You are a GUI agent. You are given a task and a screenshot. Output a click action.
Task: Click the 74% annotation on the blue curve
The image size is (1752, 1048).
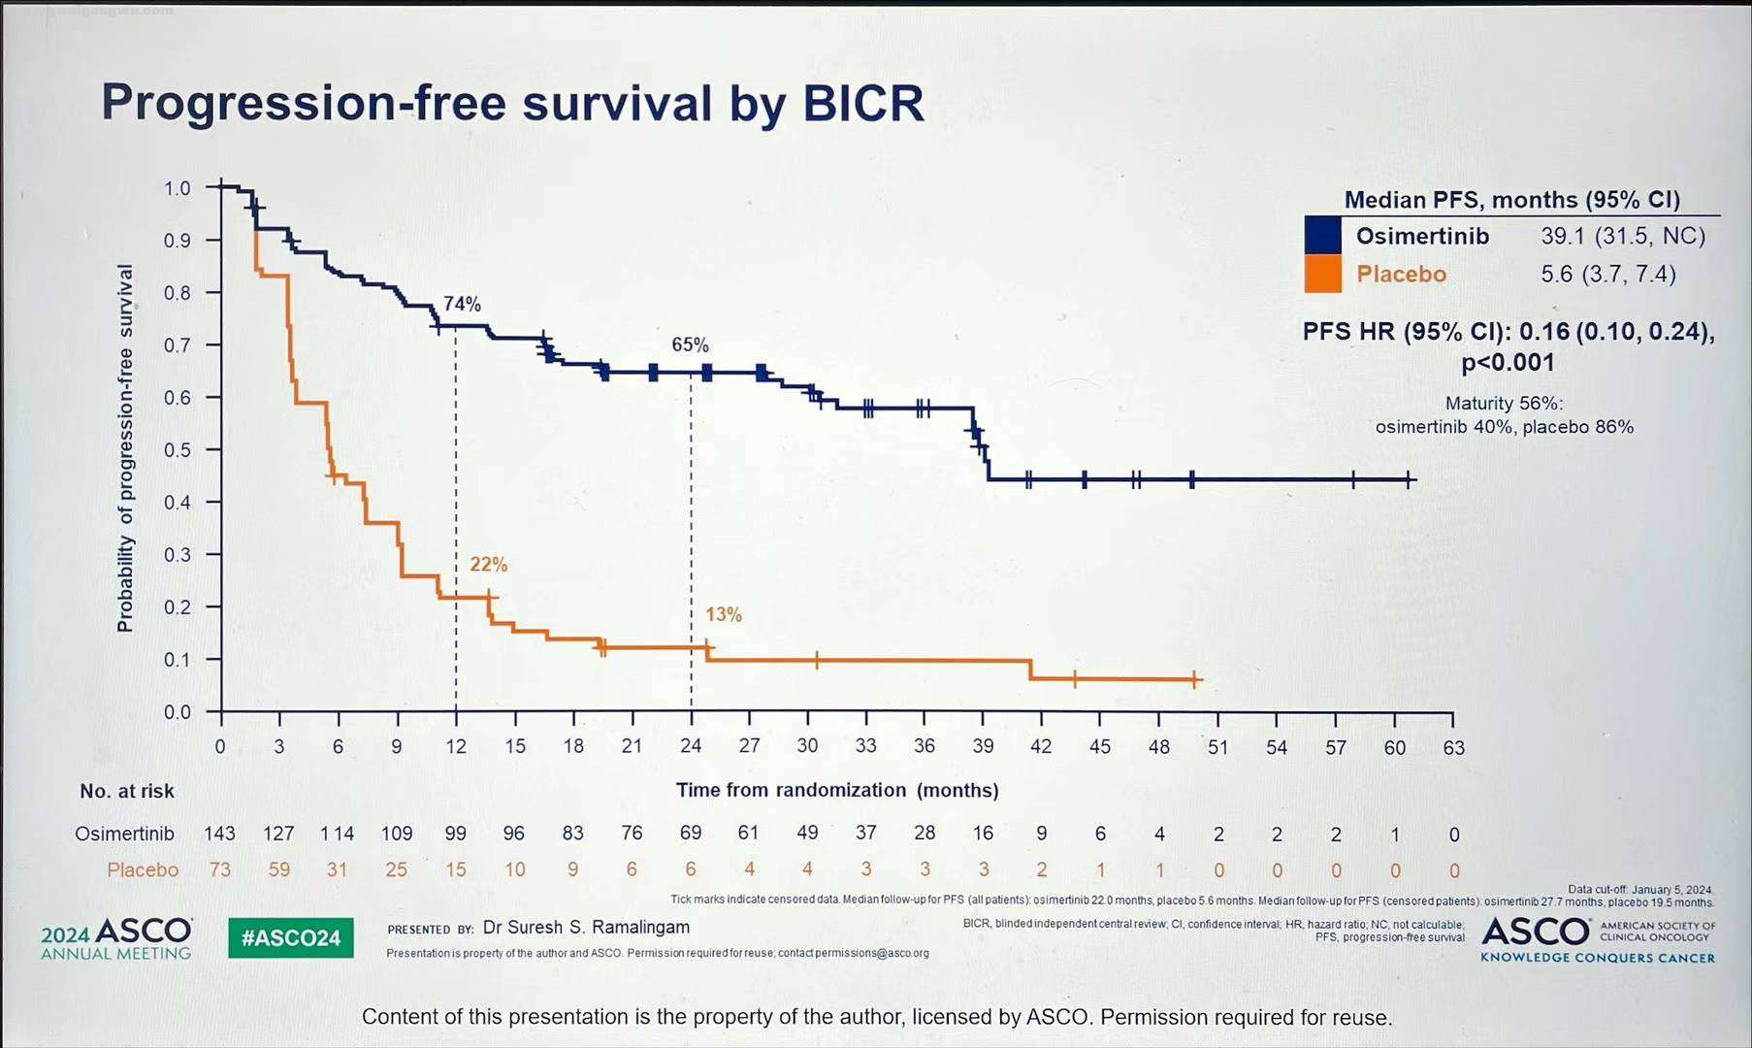click(462, 304)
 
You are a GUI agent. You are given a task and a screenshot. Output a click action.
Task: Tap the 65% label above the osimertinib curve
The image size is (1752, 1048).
click(690, 344)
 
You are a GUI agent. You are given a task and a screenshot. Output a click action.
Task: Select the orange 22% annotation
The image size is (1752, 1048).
click(489, 564)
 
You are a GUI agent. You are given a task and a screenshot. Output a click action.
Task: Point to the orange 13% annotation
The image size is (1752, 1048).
click(724, 614)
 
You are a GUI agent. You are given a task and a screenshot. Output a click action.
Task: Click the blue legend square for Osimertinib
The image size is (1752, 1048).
click(1323, 236)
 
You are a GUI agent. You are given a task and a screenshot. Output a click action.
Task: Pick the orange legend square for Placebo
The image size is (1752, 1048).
click(1323, 274)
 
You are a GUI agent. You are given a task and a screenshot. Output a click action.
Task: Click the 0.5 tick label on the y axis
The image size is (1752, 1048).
click(178, 450)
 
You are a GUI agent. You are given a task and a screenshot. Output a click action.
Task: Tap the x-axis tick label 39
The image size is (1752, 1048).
click(983, 746)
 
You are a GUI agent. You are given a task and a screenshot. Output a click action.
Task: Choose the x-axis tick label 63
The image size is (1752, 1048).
click(1453, 747)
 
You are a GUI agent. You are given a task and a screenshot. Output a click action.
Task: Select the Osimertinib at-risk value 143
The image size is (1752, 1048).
click(219, 834)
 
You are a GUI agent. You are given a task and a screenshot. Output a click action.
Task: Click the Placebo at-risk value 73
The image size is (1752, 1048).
click(220, 869)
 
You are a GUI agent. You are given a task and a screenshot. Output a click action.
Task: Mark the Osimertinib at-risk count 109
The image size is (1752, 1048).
click(396, 834)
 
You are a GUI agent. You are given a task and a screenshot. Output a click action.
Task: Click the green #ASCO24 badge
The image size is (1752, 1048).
click(291, 937)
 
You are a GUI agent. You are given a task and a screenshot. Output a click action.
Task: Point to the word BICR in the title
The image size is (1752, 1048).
click(863, 103)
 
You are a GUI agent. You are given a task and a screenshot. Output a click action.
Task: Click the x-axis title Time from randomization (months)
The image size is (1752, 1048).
click(837, 790)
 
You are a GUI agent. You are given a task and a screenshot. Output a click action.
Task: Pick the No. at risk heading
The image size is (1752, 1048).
click(127, 791)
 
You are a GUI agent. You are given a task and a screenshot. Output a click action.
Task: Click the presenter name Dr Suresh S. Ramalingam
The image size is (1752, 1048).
click(586, 927)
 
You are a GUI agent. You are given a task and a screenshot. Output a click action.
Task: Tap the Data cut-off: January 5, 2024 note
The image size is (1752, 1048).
click(1639, 889)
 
